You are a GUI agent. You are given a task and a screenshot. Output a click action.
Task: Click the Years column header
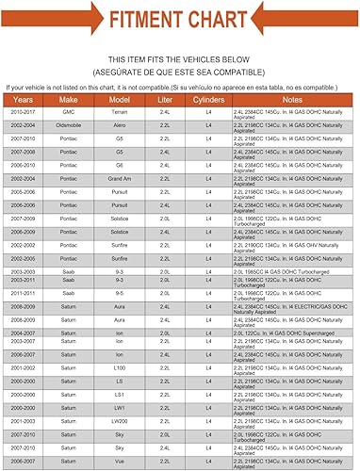click(23, 98)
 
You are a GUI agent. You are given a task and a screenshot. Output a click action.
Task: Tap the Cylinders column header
click(209, 98)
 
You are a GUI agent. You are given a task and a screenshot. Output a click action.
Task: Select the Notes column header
click(293, 98)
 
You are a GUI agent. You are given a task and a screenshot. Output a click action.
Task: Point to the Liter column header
click(165, 98)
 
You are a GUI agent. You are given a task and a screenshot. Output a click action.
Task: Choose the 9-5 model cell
click(119, 294)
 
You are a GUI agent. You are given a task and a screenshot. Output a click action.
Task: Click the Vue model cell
click(119, 461)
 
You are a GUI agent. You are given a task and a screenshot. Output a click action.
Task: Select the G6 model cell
click(119, 164)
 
